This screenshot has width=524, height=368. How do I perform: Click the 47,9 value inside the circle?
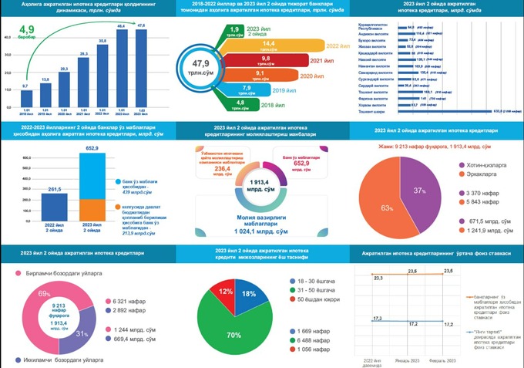click(202, 63)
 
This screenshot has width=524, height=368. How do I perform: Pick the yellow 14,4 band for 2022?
click(270, 45)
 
